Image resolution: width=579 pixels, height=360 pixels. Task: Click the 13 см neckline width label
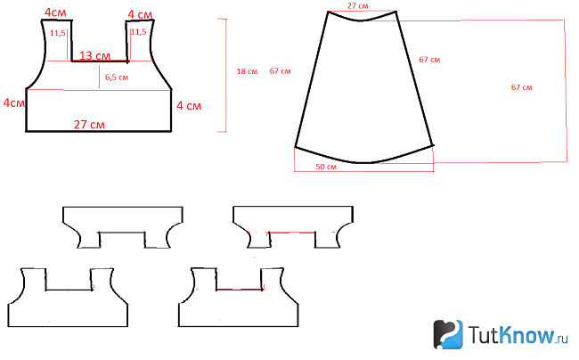pyautogui.click(x=94, y=56)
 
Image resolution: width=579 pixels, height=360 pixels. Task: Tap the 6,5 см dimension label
pyautogui.click(x=117, y=78)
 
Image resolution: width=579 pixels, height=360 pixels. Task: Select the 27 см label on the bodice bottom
pyautogui.click(x=89, y=125)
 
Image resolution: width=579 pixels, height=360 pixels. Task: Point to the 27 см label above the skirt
pyautogui.click(x=357, y=6)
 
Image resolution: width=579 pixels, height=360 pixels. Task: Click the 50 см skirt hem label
pyautogui.click(x=326, y=167)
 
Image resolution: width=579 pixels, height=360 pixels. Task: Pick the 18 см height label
pyautogui.click(x=247, y=71)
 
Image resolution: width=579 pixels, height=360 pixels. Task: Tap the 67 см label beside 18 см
pyautogui.click(x=280, y=71)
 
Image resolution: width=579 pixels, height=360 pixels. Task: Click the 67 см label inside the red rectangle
pyautogui.click(x=521, y=87)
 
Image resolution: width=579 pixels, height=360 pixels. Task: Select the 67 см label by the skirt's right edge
pyautogui.click(x=429, y=60)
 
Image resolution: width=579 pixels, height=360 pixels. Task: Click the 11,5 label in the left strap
pyautogui.click(x=58, y=33)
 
